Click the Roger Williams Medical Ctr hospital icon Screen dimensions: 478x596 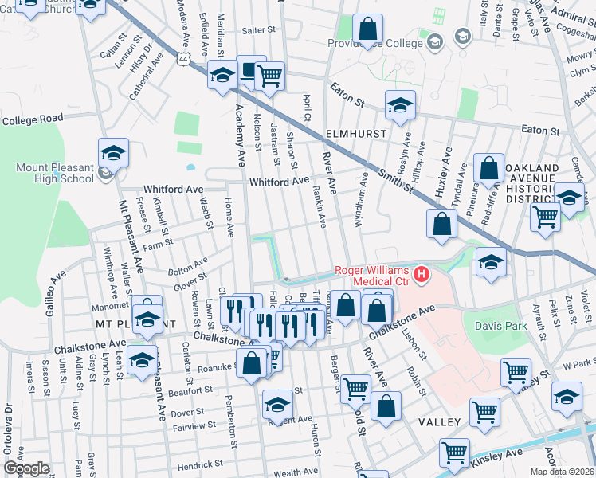click(x=421, y=275)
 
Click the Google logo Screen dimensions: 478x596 click(x=26, y=468)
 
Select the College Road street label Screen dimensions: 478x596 click(x=32, y=119)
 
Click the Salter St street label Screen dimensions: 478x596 click(x=257, y=30)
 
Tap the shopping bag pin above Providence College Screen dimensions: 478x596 click(x=367, y=30)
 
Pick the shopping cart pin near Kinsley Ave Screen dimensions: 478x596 click(x=454, y=453)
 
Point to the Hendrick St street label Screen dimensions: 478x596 click(x=199, y=464)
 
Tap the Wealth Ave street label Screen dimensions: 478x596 click(x=296, y=472)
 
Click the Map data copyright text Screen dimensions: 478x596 click(x=563, y=472)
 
